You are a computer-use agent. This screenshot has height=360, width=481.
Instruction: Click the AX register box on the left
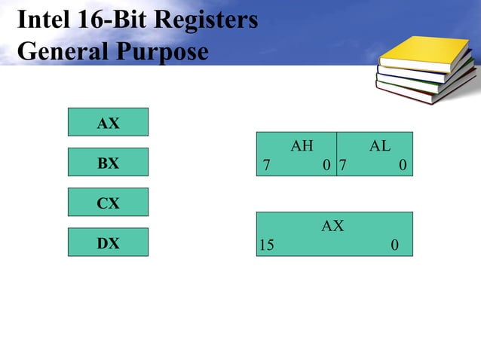108,122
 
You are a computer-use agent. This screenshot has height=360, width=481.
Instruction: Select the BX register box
108,163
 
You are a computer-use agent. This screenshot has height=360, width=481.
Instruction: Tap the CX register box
108,203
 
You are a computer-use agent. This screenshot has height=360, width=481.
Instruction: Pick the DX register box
108,243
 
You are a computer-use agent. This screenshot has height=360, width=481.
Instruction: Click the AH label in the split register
302,146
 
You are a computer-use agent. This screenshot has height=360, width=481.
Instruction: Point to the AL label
379,146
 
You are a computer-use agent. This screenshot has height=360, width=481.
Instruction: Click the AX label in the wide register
332,226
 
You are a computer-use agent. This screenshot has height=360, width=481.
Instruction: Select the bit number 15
267,246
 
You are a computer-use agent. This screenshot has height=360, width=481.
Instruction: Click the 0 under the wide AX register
395,246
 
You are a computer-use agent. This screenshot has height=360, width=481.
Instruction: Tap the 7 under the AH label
265,165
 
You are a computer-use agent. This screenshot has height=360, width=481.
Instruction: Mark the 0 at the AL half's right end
403,165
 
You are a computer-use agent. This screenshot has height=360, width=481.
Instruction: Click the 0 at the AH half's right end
326,165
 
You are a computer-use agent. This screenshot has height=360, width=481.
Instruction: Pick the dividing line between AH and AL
336,154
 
